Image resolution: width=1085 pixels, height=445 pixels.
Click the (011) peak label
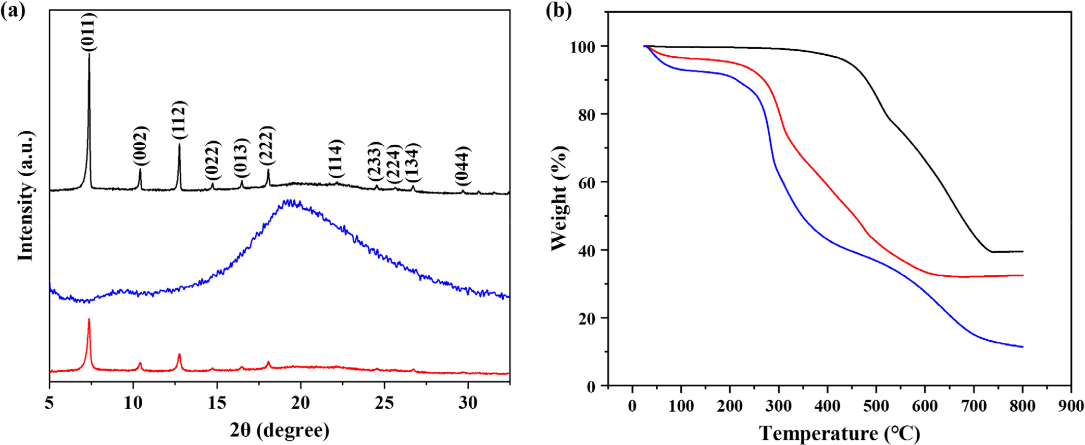point(89,32)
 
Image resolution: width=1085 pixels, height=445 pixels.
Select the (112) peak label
point(179,120)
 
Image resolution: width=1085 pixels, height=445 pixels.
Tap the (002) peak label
point(141,146)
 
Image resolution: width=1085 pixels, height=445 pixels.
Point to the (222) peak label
point(267,145)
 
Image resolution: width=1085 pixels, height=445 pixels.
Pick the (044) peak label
point(463,166)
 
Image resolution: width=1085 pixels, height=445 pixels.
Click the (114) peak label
point(336,159)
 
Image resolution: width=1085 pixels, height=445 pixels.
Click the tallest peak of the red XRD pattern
point(89,319)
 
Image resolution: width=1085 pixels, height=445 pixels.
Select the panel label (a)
point(13,10)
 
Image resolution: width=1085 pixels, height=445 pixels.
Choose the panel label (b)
point(558,10)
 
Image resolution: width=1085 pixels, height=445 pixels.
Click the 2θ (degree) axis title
point(280,430)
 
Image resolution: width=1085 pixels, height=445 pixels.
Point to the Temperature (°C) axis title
point(839,432)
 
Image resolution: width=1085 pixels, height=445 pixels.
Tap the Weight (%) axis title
point(559,198)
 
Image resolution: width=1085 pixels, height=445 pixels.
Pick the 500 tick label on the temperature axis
point(876,406)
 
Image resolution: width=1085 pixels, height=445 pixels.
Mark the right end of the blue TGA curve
point(1022,347)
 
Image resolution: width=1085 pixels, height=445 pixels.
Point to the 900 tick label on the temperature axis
point(1071,406)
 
